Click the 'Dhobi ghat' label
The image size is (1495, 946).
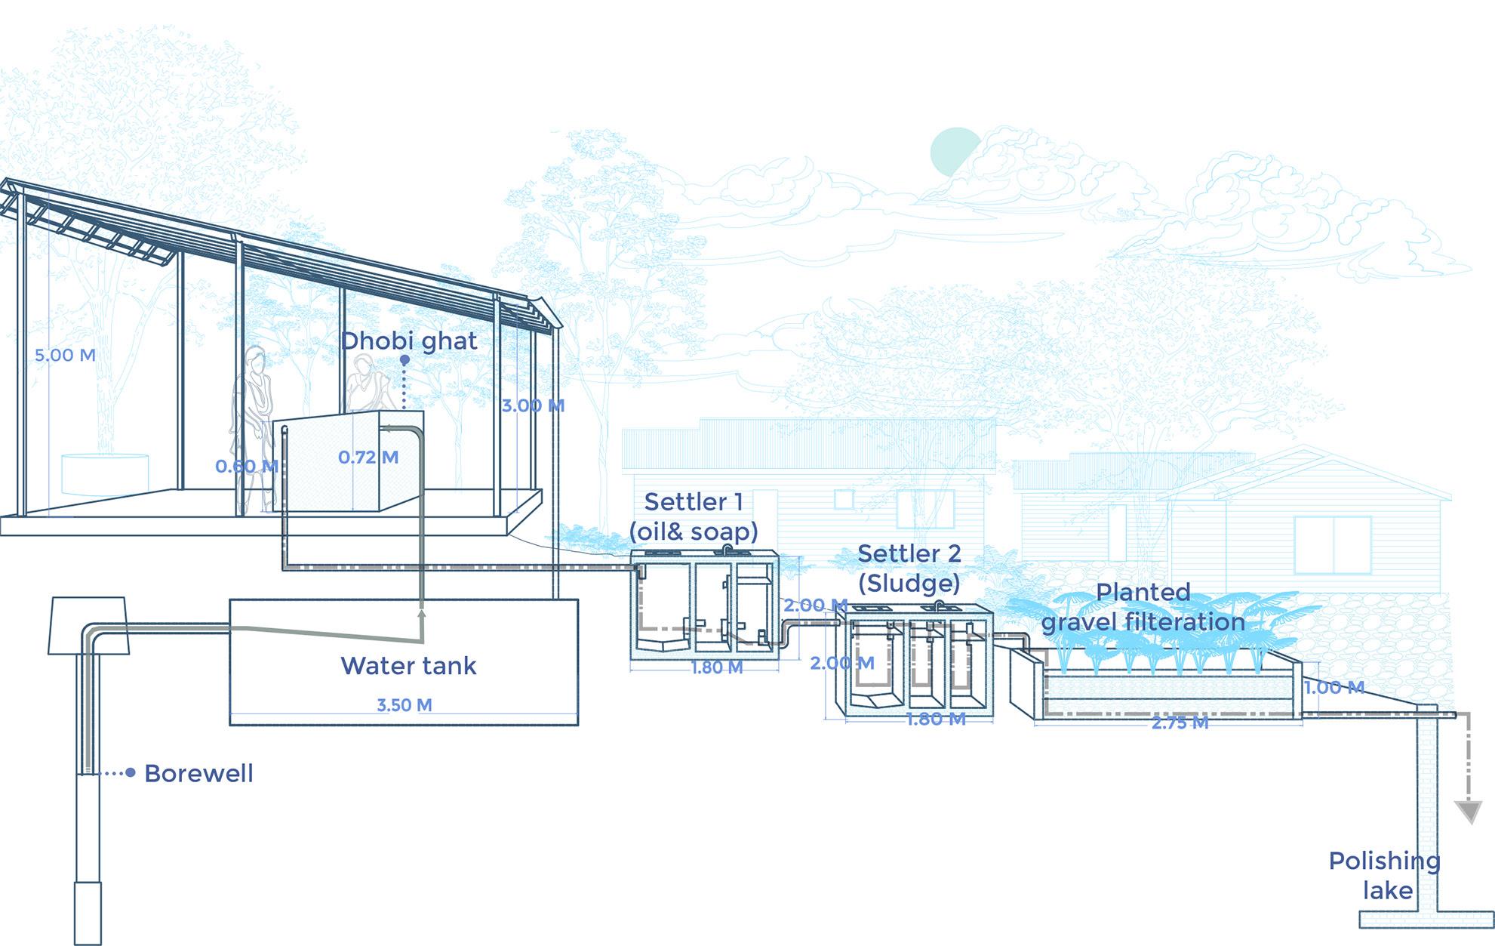(x=408, y=340)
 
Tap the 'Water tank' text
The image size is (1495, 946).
(x=408, y=666)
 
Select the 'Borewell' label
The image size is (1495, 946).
(x=198, y=773)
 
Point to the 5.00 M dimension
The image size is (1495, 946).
(x=65, y=355)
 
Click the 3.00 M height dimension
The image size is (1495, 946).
(x=533, y=405)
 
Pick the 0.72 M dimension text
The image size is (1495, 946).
(x=368, y=457)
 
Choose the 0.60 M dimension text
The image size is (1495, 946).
(x=246, y=467)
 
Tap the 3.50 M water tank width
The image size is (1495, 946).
(x=405, y=705)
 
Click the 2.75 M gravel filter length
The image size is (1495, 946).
(x=1180, y=723)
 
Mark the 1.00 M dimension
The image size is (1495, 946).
(x=1334, y=687)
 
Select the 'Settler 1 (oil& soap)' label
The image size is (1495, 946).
(x=694, y=516)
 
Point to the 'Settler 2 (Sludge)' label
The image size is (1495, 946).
(x=909, y=568)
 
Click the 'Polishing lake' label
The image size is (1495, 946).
(x=1385, y=876)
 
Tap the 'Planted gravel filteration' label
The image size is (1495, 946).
(x=1143, y=607)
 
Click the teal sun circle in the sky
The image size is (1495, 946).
(x=954, y=152)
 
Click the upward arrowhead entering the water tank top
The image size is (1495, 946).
(x=420, y=615)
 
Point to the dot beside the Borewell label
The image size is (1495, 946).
(x=131, y=772)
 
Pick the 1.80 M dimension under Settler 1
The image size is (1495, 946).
(x=717, y=667)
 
